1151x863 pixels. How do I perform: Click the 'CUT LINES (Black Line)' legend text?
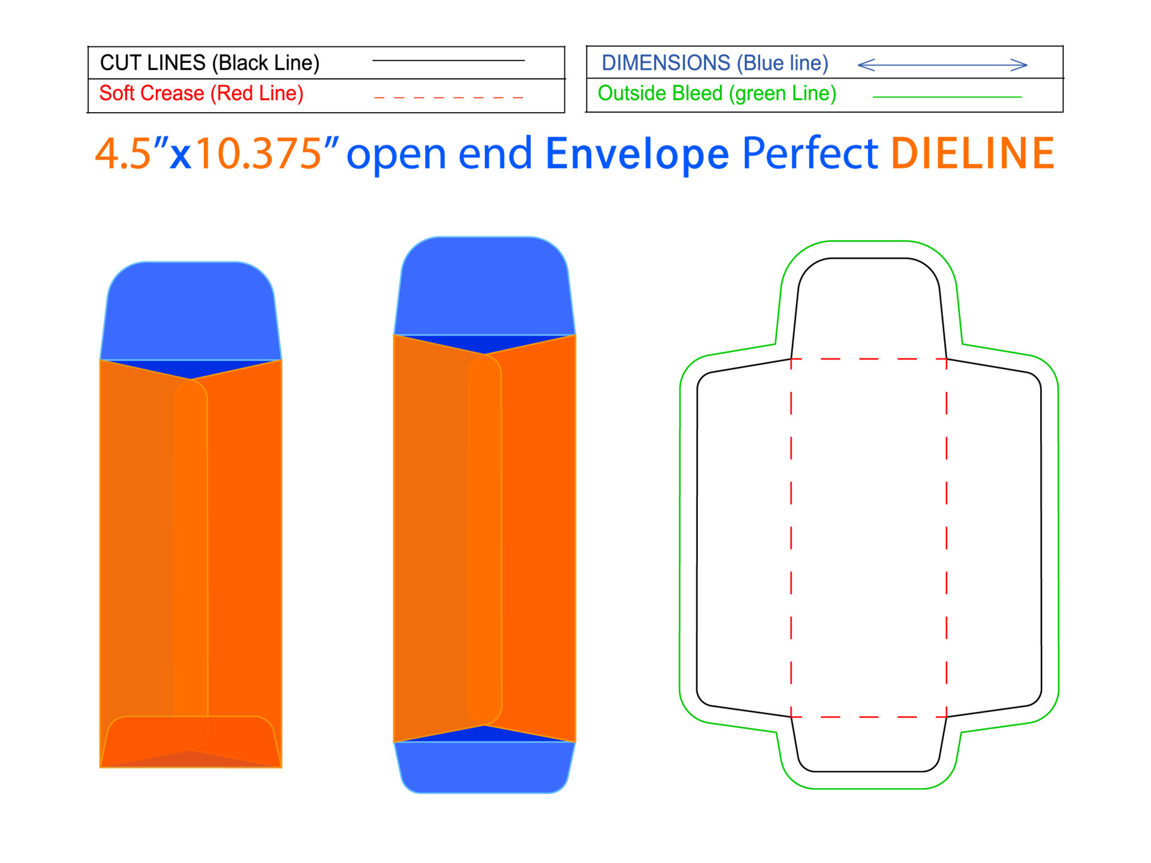[209, 63]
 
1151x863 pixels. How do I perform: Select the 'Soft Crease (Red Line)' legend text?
[201, 93]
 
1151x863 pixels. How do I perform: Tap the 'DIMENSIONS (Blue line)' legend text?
[715, 63]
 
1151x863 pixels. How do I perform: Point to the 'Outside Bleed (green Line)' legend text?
[717, 93]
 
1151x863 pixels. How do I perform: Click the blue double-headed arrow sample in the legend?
[942, 65]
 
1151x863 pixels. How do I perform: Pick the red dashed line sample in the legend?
[448, 97]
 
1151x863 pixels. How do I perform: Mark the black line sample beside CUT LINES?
[448, 61]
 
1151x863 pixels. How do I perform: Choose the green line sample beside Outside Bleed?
[947, 96]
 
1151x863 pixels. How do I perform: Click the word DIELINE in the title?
[972, 154]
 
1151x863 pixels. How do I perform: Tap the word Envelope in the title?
[637, 155]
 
